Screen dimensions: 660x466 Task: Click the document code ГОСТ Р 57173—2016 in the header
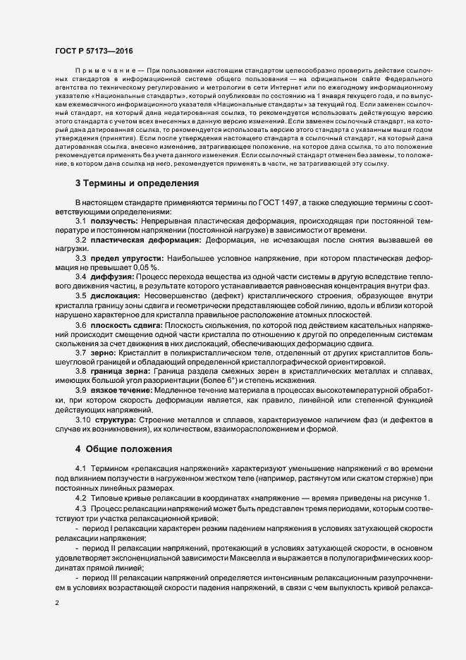(93, 51)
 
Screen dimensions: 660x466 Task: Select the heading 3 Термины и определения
(137, 183)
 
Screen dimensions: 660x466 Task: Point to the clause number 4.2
(80, 499)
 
